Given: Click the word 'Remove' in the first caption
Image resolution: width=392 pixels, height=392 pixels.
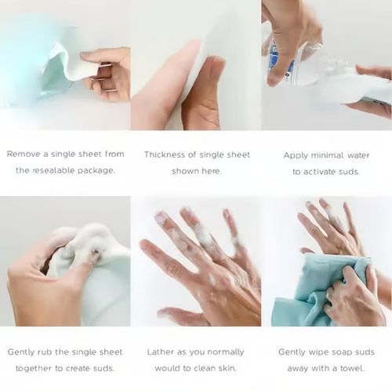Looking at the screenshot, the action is click(24, 154).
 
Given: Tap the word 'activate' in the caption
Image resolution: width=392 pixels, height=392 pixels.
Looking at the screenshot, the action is click(319, 172).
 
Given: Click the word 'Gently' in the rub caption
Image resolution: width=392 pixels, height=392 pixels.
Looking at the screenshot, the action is click(21, 353).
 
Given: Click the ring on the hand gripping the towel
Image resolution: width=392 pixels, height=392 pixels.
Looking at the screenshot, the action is click(328, 295).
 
